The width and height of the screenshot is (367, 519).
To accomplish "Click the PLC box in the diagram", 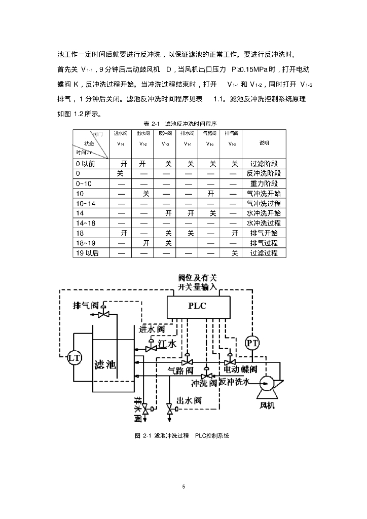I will [197, 306].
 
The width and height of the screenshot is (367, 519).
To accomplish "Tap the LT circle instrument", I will [75, 358].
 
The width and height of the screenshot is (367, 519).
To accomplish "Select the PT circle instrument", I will [252, 343].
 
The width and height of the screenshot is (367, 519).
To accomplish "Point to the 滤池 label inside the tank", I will [105, 364].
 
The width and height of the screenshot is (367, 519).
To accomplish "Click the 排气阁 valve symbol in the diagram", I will [104, 314].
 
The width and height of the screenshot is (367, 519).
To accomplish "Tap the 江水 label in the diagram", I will [167, 344].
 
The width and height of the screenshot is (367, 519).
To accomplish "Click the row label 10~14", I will [85, 203].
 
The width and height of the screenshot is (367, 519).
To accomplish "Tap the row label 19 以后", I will [87, 253].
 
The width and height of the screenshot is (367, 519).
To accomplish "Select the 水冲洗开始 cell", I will [264, 213].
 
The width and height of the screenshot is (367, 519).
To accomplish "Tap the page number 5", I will [183, 487].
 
